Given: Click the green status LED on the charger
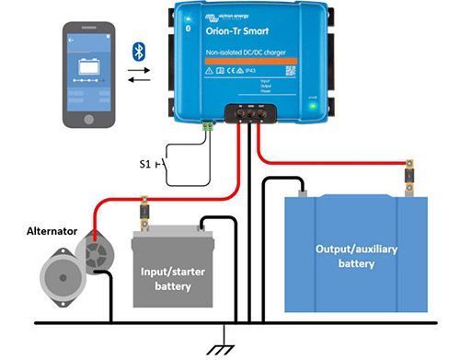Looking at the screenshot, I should (313, 106).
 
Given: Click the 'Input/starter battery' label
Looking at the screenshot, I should (167, 279).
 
